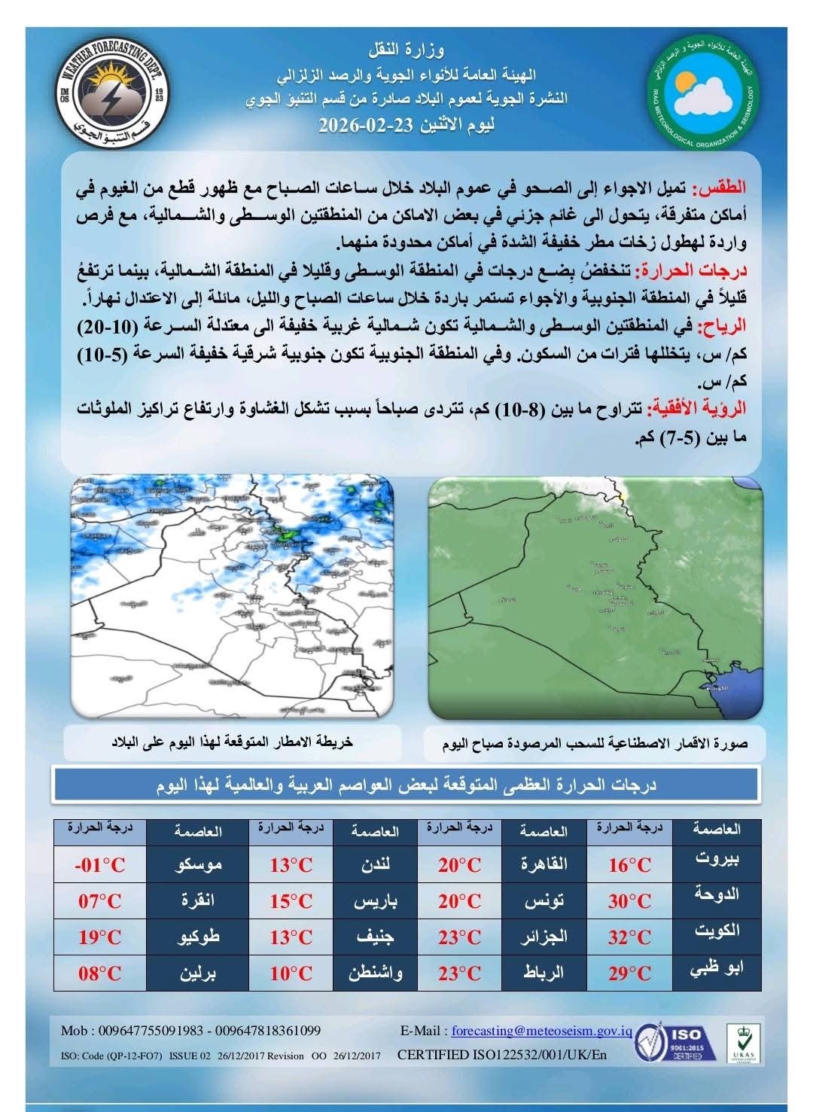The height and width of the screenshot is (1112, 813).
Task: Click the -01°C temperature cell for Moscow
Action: point(100,864)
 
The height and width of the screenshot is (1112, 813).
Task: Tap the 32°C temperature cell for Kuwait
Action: point(630,937)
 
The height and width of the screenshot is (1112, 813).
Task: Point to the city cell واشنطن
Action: point(376,973)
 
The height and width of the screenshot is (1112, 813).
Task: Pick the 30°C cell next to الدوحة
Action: point(630,901)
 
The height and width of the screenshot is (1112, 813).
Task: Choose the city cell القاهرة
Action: point(544,864)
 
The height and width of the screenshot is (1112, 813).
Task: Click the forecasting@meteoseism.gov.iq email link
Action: point(539,1031)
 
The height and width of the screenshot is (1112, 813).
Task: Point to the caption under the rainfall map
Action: point(232,742)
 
